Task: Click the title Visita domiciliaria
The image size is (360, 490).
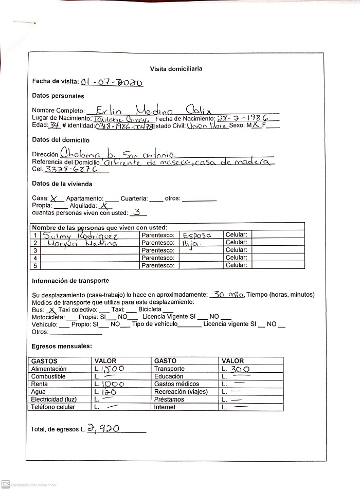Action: click(x=176, y=68)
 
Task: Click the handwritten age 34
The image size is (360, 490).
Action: click(x=55, y=125)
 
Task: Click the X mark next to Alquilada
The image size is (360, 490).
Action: click(x=109, y=205)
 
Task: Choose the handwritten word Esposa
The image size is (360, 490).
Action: click(x=197, y=235)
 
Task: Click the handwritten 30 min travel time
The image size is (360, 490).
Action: click(x=227, y=295)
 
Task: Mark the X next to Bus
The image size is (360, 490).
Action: click(x=51, y=310)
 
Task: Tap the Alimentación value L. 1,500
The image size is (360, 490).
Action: click(x=109, y=369)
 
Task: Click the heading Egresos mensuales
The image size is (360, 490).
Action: click(x=62, y=346)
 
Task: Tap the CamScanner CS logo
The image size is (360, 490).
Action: click(x=6, y=484)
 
